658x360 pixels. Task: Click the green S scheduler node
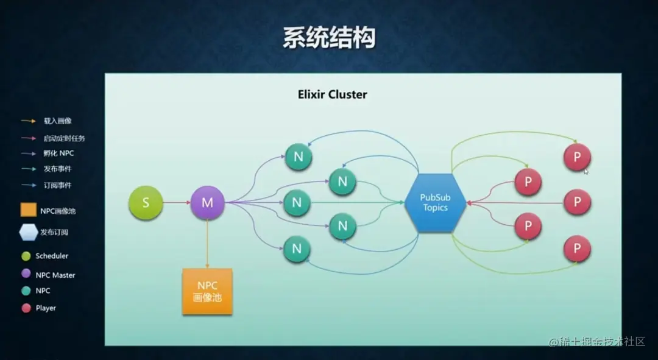pos(146,203)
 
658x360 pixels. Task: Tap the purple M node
pos(207,203)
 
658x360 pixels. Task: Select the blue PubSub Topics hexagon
pos(435,203)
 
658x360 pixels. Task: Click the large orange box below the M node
pos(207,291)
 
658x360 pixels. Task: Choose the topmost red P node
pos(577,157)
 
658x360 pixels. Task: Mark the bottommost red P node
pos(577,249)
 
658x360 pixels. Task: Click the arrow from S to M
pos(176,203)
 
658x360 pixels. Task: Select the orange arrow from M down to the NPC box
pos(207,244)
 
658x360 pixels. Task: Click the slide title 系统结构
pos(329,38)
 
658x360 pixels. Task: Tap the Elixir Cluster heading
pos(332,94)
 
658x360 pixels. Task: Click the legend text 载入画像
pos(57,121)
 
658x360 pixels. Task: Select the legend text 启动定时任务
pos(64,138)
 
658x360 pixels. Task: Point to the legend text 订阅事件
pos(57,185)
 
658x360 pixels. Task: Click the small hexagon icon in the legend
pos(28,232)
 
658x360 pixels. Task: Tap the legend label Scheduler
pos(52,256)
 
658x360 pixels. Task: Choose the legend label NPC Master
pos(55,275)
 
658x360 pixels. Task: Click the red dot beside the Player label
pos(26,308)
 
